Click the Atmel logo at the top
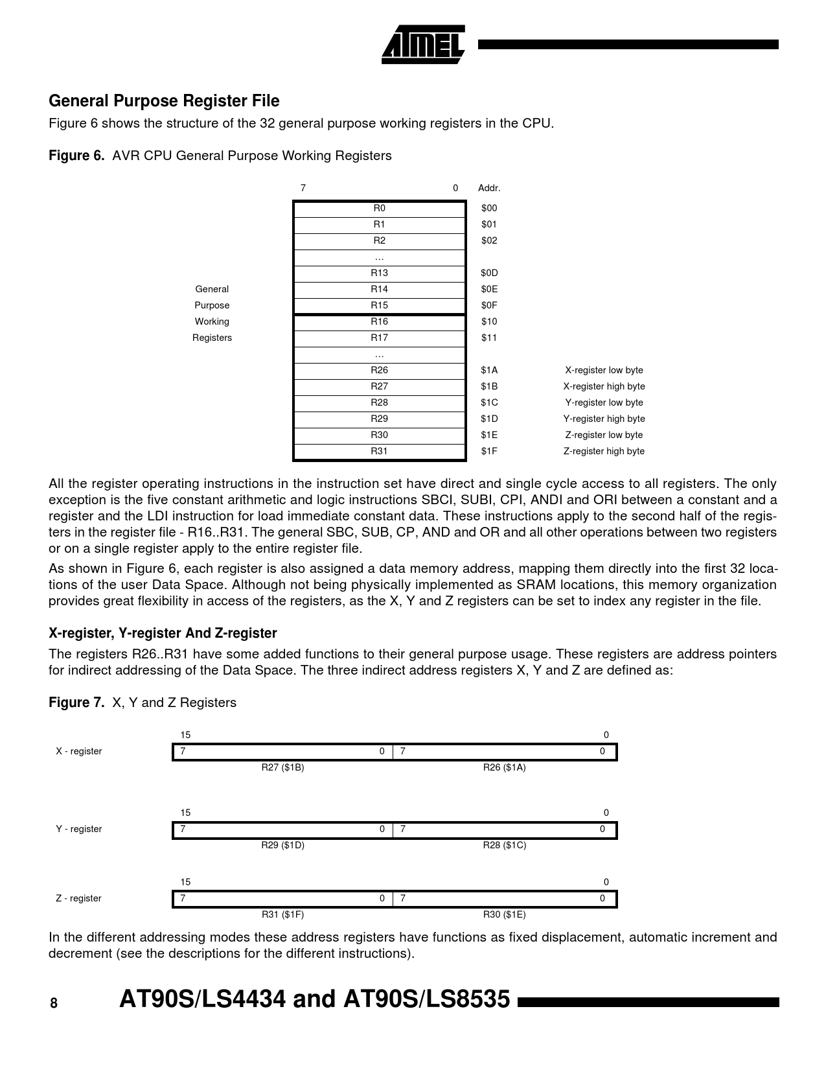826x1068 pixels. click(x=422, y=44)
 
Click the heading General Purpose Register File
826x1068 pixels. click(x=164, y=101)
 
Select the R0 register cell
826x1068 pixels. click(x=379, y=208)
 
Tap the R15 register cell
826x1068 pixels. click(x=379, y=305)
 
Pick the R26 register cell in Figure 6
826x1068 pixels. click(x=379, y=370)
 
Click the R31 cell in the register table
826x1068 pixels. click(x=379, y=451)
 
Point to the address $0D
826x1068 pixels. click(x=489, y=273)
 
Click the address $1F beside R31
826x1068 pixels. click(x=489, y=451)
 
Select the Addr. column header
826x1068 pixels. click(x=489, y=188)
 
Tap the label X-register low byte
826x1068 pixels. click(x=604, y=370)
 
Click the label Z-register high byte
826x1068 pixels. click(x=604, y=451)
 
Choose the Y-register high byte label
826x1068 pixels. click(x=604, y=419)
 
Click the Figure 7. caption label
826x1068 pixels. click(x=76, y=702)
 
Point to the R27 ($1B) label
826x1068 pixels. click(x=282, y=767)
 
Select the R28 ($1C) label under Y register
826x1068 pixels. click(x=505, y=845)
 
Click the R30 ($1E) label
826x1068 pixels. click(x=505, y=914)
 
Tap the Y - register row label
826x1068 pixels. click(x=79, y=829)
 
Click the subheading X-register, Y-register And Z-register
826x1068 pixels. click(x=163, y=633)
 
